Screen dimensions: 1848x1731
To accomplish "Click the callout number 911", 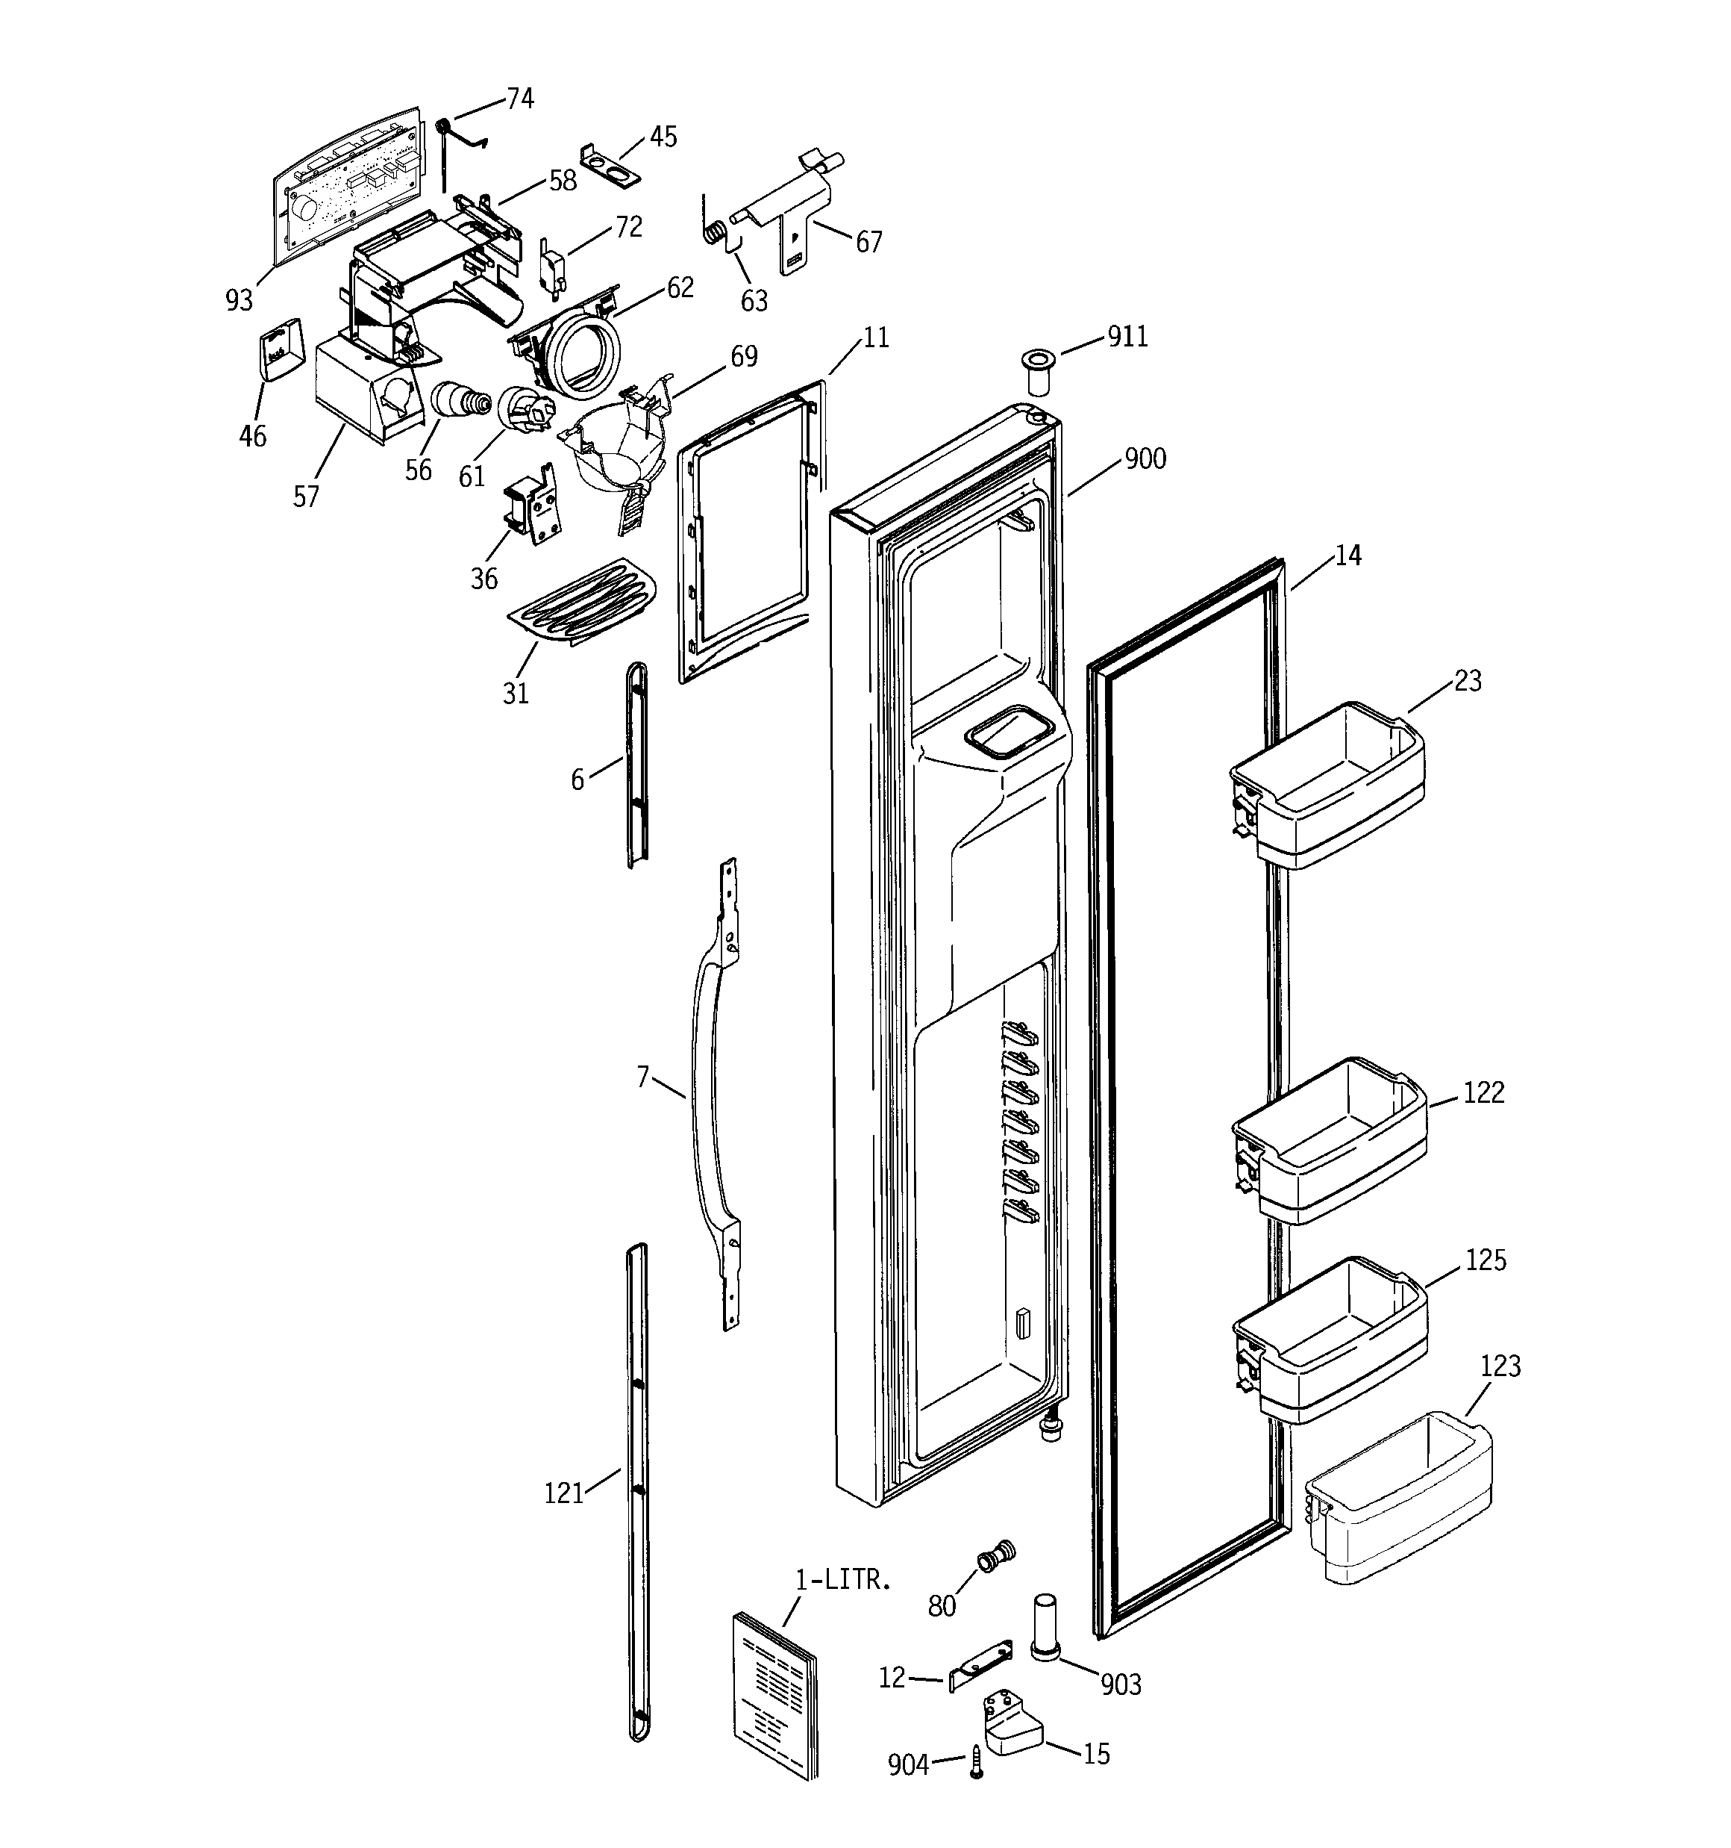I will click(x=1127, y=337).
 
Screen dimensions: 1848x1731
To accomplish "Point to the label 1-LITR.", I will click(x=842, y=1579).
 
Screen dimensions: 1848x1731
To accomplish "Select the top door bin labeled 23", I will click(x=1329, y=785).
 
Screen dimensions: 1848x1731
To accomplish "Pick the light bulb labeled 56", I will click(x=458, y=402).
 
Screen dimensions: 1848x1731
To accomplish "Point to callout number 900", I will click(x=1145, y=459).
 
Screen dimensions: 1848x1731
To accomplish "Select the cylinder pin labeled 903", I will click(x=1045, y=1628).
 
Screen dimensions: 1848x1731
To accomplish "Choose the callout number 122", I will click(x=1483, y=1092).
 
